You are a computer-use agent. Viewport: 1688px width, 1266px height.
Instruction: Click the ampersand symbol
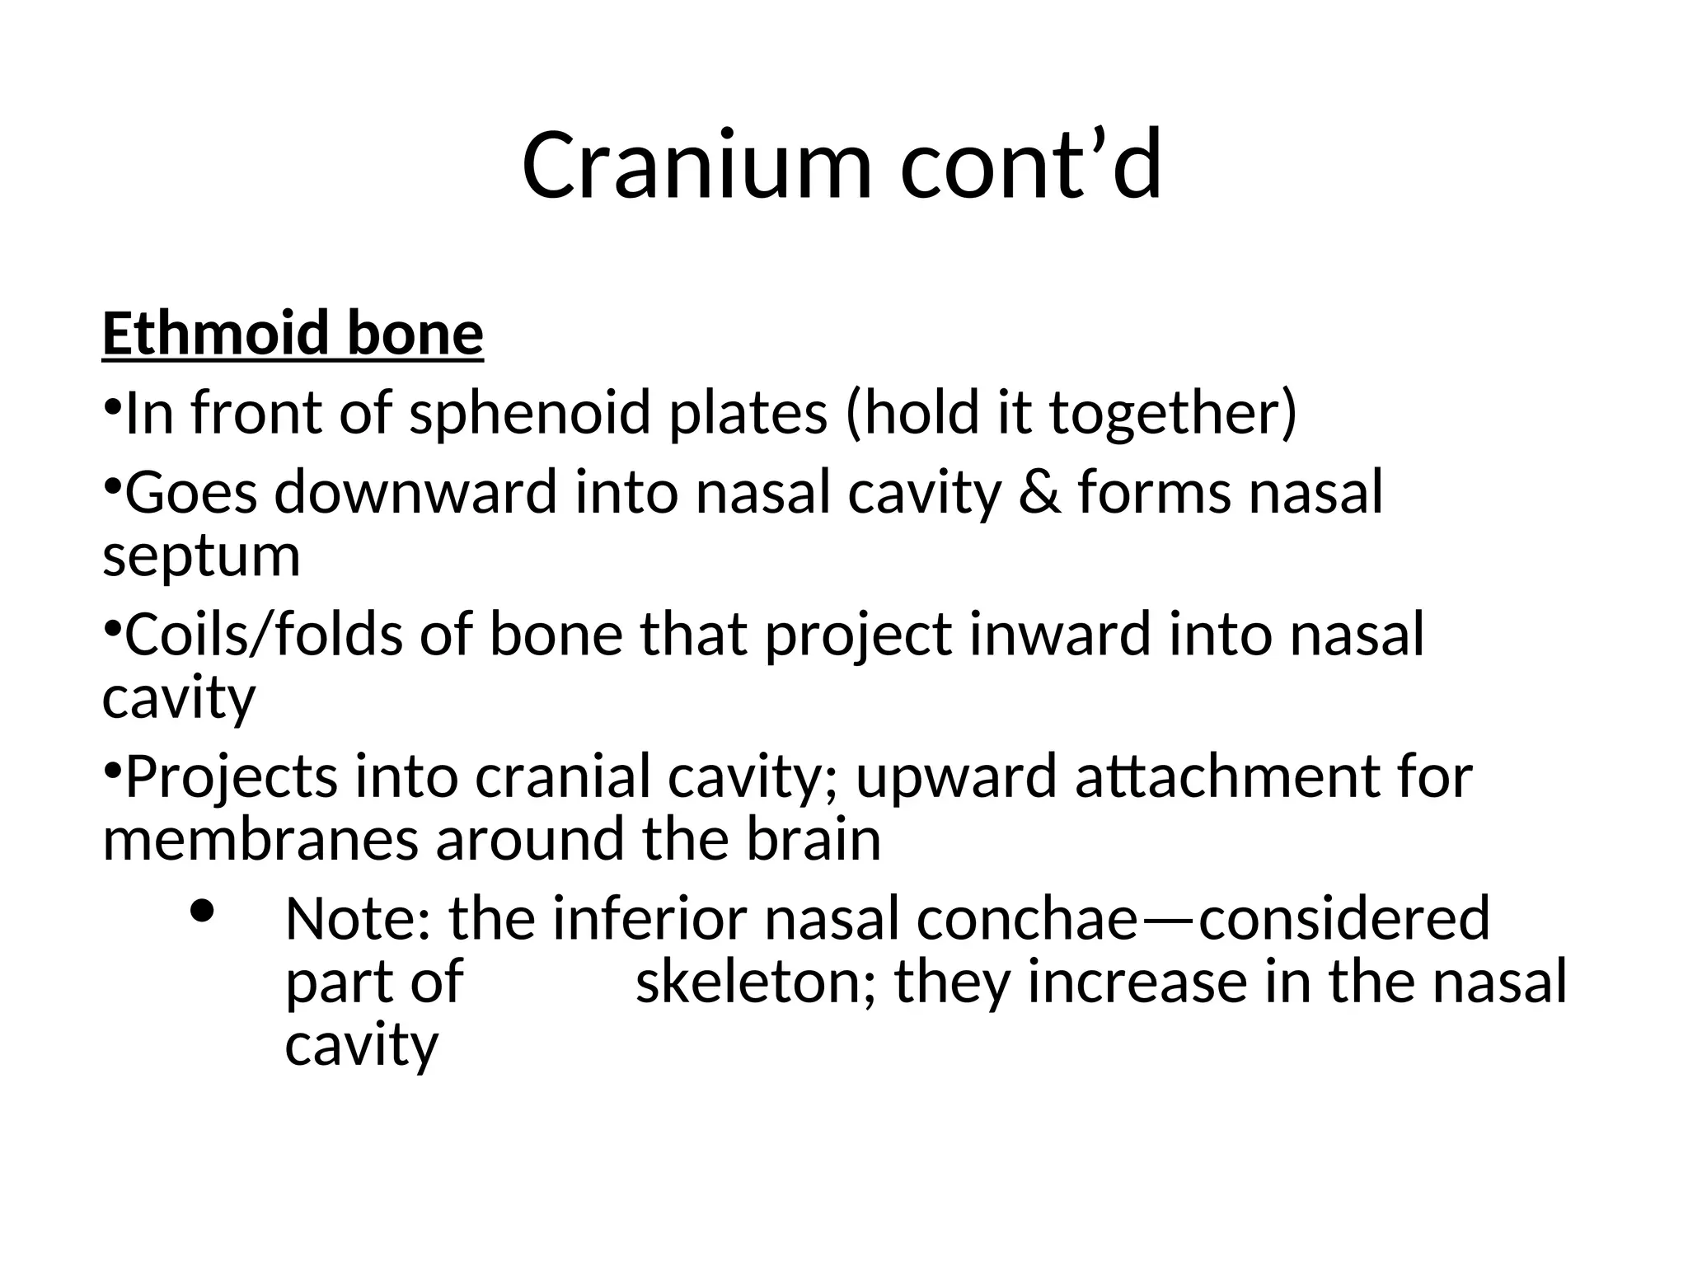[1039, 492]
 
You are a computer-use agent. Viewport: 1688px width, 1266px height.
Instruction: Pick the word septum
[201, 557]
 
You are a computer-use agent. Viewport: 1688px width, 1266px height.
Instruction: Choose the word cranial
[562, 777]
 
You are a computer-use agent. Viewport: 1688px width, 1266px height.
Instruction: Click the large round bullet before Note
[202, 911]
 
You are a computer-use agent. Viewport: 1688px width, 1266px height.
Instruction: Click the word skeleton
[756, 982]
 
